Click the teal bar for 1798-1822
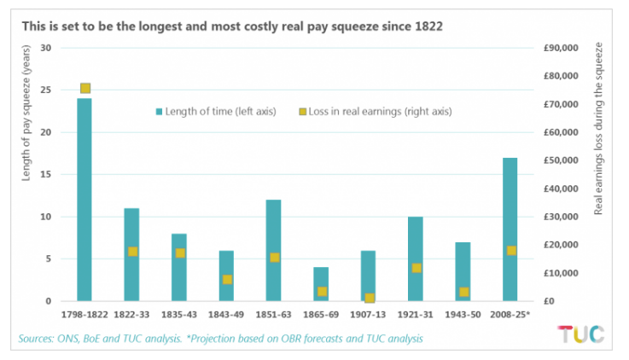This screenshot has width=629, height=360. click(x=84, y=200)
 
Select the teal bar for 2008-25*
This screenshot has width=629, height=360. click(x=510, y=229)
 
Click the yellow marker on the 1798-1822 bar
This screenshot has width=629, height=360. click(x=85, y=88)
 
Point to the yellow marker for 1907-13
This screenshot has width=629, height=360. click(x=369, y=298)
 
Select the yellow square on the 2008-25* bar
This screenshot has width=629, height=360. click(x=510, y=250)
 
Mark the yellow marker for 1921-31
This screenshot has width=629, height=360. click(x=416, y=268)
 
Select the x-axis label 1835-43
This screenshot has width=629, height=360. click(x=179, y=316)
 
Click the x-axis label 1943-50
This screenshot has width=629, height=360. click(x=463, y=316)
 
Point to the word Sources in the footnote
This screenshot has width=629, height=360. click(x=40, y=339)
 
